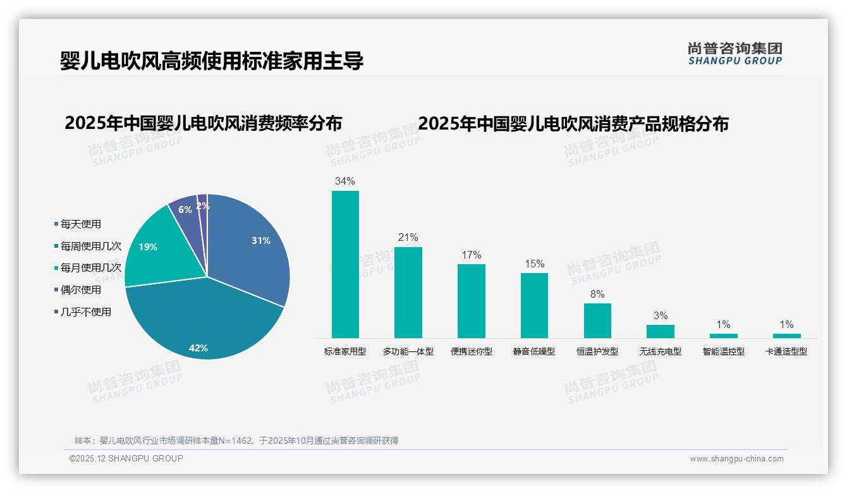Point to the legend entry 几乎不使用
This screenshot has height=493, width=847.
coord(85,312)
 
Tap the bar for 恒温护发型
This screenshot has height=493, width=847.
coord(597,320)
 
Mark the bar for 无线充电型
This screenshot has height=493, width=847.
coord(661,331)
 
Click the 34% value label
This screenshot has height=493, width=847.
coord(345,181)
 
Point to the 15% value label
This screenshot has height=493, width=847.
coord(534,264)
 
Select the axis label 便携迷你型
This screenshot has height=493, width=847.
coord(472,351)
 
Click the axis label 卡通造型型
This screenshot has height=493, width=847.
coord(786,351)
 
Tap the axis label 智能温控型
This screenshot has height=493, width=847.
coord(724,351)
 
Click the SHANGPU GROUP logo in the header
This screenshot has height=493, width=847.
coord(734,54)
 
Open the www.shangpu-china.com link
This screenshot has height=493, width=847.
coord(736,459)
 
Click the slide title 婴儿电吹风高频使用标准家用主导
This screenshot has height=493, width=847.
coord(212,61)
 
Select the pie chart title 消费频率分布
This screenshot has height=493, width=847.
coord(203,123)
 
